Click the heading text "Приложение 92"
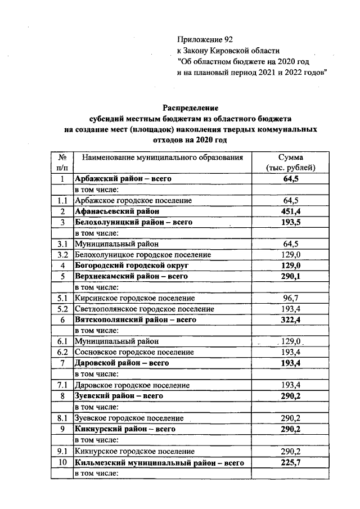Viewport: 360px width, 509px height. pos(204,39)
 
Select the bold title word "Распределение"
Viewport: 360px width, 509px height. pos(190,107)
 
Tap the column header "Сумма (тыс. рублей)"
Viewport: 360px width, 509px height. pos(291,163)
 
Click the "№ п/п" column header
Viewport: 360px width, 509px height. pos(62,163)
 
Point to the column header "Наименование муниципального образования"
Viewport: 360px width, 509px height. pos(162,157)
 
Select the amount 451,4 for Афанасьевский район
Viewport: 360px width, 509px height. pos(291,211)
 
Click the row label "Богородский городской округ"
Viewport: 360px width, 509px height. pos(132,265)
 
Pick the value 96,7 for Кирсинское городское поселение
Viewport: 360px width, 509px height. pos(291,298)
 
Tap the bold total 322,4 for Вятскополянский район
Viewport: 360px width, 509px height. pos(291,319)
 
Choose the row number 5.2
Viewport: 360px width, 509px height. pos(62,309)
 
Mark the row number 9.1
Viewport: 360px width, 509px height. pos(62,451)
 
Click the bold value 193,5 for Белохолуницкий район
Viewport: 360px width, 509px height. pos(291,222)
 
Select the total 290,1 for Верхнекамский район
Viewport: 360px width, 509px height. pos(291,276)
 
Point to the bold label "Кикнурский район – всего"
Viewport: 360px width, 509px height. pos(125,429)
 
